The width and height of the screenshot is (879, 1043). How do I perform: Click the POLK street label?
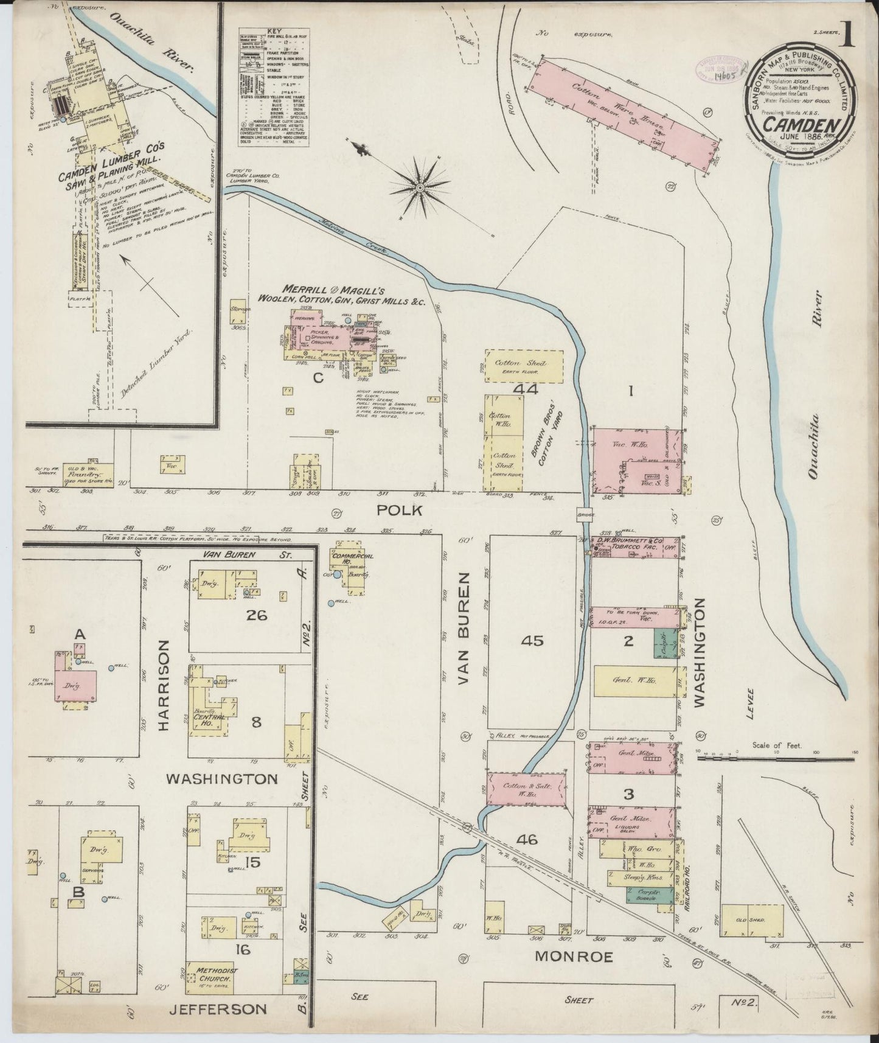399,511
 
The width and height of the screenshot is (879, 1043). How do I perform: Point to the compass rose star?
420,189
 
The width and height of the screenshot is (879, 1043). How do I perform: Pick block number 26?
255,615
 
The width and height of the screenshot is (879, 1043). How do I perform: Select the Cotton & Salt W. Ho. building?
527,789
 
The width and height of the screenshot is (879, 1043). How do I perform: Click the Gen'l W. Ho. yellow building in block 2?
636,681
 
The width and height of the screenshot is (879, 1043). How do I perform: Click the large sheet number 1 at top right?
847,37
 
